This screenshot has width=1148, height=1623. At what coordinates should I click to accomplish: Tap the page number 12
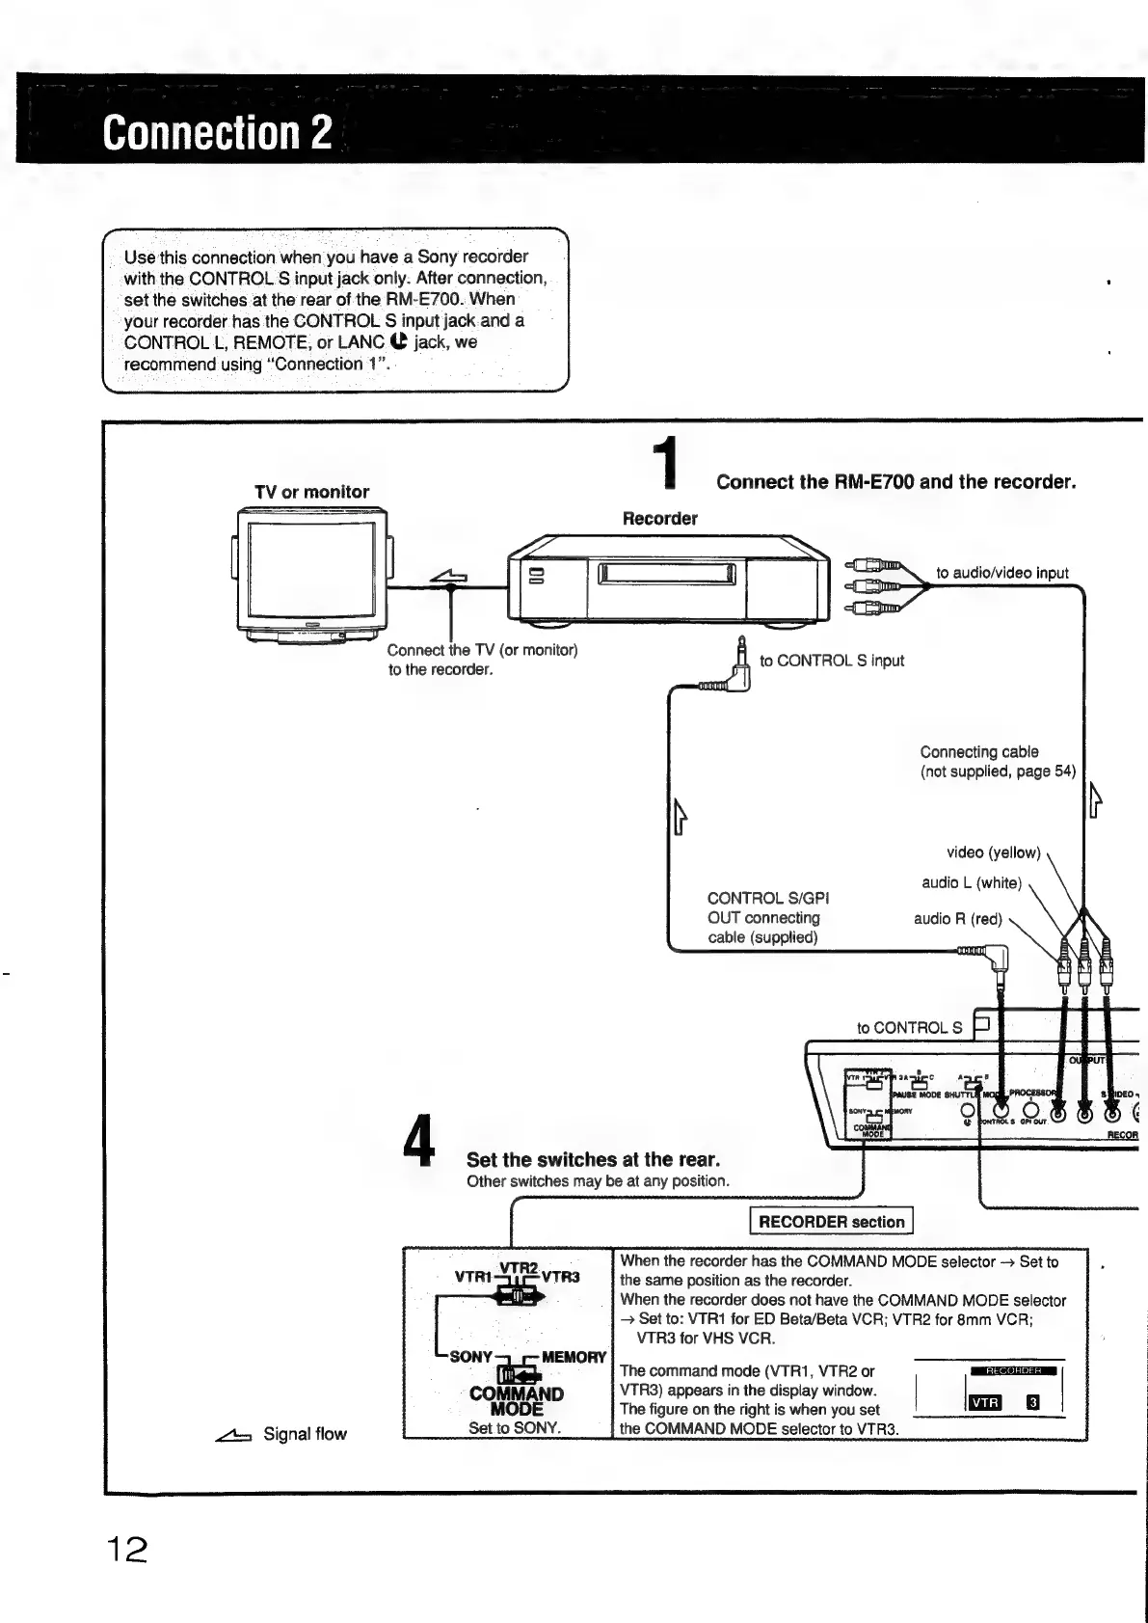tap(126, 1550)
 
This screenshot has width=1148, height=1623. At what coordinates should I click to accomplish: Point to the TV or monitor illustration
tap(311, 575)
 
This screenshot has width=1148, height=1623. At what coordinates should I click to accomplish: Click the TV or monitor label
tap(311, 492)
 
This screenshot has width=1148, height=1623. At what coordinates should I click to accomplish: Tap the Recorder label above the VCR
tap(659, 518)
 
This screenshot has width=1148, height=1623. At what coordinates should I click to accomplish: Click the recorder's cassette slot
tap(667, 575)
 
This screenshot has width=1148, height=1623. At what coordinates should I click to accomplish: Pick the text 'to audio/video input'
tap(1002, 573)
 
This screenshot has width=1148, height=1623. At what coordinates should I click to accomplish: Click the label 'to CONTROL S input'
tap(832, 661)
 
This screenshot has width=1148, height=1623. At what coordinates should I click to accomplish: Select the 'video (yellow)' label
tap(993, 852)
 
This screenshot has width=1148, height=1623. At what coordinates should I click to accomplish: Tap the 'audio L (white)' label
tap(971, 882)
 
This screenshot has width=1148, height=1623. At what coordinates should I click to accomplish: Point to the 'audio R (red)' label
tap(958, 919)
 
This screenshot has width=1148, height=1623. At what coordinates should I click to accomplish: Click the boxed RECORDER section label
tap(831, 1222)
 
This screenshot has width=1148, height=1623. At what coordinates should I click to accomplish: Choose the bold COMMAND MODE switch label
tap(517, 1401)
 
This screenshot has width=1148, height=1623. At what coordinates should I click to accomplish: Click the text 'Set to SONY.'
tap(515, 1428)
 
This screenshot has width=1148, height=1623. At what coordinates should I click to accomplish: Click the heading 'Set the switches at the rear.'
tap(593, 1159)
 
